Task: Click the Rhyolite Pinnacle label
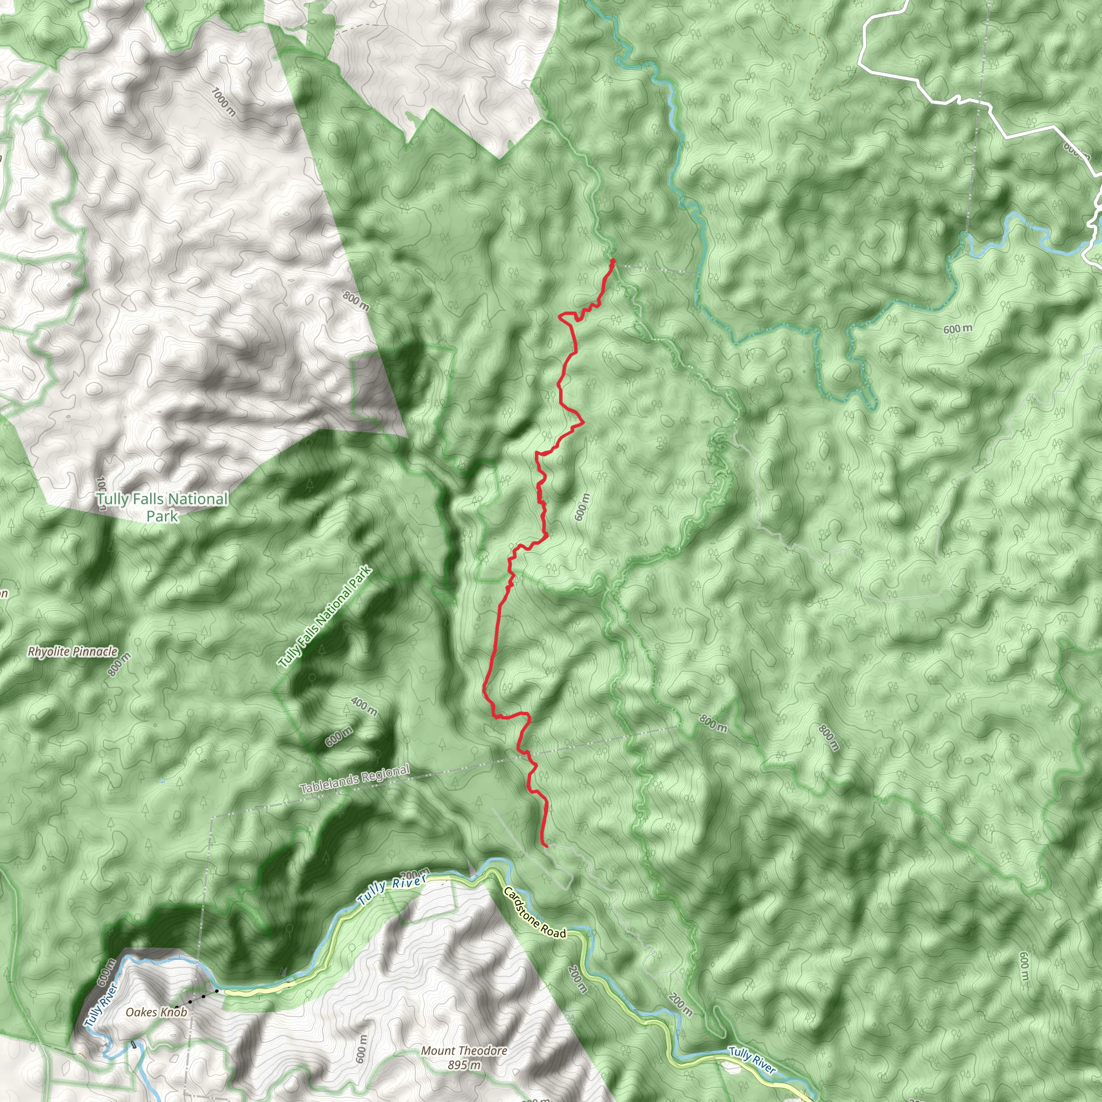tap(73, 652)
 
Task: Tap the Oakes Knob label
tap(156, 1013)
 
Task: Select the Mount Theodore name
tap(464, 1051)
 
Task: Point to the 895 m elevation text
tap(464, 1065)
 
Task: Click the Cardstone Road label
tap(534, 913)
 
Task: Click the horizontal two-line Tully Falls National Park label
tap(162, 507)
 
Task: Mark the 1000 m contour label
tap(223, 102)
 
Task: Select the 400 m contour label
tap(364, 706)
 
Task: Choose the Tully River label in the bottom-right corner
tap(752, 1061)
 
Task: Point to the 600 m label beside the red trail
tap(581, 506)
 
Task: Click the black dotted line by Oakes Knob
tap(196, 999)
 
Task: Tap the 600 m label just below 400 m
tap(339, 737)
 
